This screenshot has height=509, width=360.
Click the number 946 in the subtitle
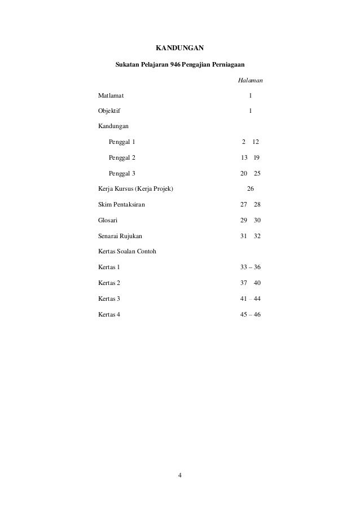182,66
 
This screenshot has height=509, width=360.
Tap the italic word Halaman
249,81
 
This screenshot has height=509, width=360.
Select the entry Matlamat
112,96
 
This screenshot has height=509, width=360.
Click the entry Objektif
109,112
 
